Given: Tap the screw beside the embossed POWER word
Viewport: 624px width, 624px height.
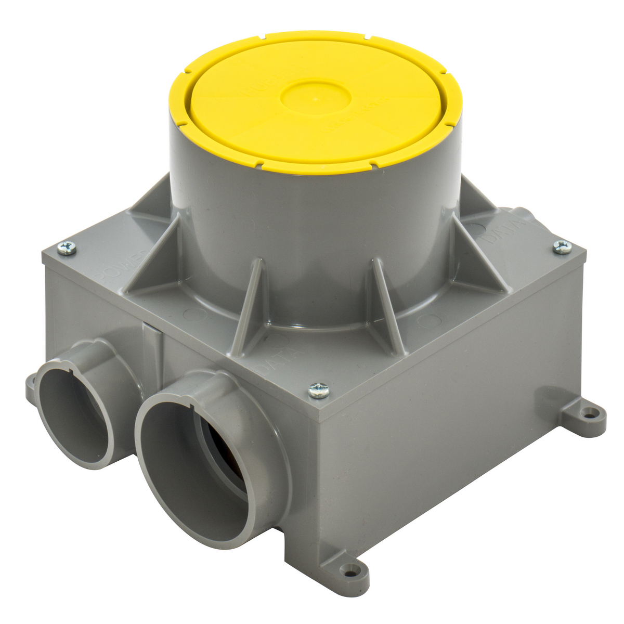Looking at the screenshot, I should point(67,249).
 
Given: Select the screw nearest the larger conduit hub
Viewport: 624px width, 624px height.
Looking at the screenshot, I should point(319,390).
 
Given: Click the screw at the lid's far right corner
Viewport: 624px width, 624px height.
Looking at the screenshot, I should point(562,247).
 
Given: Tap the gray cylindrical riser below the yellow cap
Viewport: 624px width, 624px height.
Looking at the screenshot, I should point(312,229).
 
